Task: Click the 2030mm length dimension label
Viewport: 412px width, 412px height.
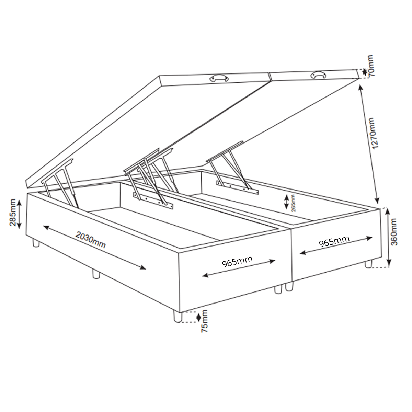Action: coord(90,240)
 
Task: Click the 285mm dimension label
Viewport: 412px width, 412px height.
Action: coord(13,212)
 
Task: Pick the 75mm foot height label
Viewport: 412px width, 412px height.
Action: coord(204,324)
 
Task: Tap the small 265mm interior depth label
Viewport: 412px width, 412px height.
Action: coord(293,203)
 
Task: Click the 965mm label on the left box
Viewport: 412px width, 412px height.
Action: coord(237,262)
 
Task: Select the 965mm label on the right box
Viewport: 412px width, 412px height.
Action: coord(334,241)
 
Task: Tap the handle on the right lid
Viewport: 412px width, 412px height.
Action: coord(319,75)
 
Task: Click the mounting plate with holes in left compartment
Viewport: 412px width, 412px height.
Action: coord(153,201)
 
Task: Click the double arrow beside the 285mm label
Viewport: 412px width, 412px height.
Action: coord(19,214)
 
